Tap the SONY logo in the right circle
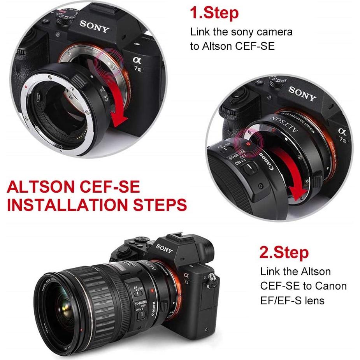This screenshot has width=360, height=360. [302, 94]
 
